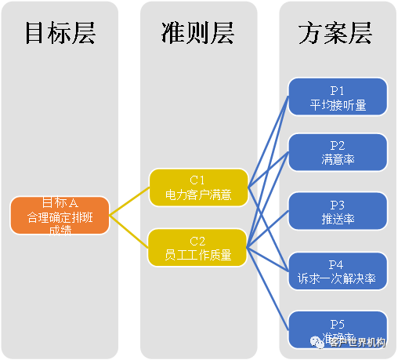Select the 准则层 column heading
tap(199, 34)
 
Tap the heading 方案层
tap(335, 34)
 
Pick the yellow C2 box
tap(198, 247)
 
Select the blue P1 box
tap(338, 96)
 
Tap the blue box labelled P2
tap(338, 152)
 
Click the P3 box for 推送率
tap(338, 210)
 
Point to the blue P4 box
tap(338, 270)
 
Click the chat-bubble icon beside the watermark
tap(311, 342)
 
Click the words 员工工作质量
tap(198, 254)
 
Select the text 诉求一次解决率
tap(338, 278)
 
